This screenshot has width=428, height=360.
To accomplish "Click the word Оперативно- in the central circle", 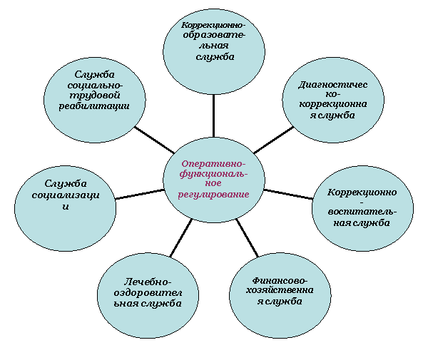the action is coord(213,164).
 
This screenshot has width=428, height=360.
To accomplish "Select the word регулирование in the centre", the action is coord(213,195).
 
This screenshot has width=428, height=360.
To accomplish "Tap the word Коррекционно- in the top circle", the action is coord(213,25).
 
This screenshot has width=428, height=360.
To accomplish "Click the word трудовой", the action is coord(94,96).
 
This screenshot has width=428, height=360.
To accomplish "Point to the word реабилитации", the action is coord(94,106).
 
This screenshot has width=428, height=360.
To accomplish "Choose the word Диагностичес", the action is coord(332,85).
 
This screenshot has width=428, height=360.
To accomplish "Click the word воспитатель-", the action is coord(362,212).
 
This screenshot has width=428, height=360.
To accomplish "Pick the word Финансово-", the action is coord(280,280).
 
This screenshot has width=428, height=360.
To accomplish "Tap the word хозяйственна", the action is coord(280,290).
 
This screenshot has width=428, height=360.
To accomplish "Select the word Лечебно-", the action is coord(148,282).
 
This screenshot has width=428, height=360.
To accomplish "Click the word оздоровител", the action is coord(148,293).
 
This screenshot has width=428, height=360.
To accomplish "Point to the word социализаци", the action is coord(66,195).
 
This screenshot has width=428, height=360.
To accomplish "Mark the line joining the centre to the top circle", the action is coord(213,115).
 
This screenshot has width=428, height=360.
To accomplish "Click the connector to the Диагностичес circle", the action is coord(273,140).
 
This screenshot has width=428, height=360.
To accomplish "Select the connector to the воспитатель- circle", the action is coord(288,194).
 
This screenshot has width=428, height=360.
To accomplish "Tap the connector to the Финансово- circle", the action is coord(248,237).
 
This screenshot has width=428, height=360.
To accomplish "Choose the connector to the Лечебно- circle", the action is coord(181,237).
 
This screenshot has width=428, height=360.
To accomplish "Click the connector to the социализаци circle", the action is coord(140,194).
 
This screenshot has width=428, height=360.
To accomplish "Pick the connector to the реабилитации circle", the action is coord(154,140).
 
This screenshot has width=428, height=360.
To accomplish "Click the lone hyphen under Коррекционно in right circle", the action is coord(362,202).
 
